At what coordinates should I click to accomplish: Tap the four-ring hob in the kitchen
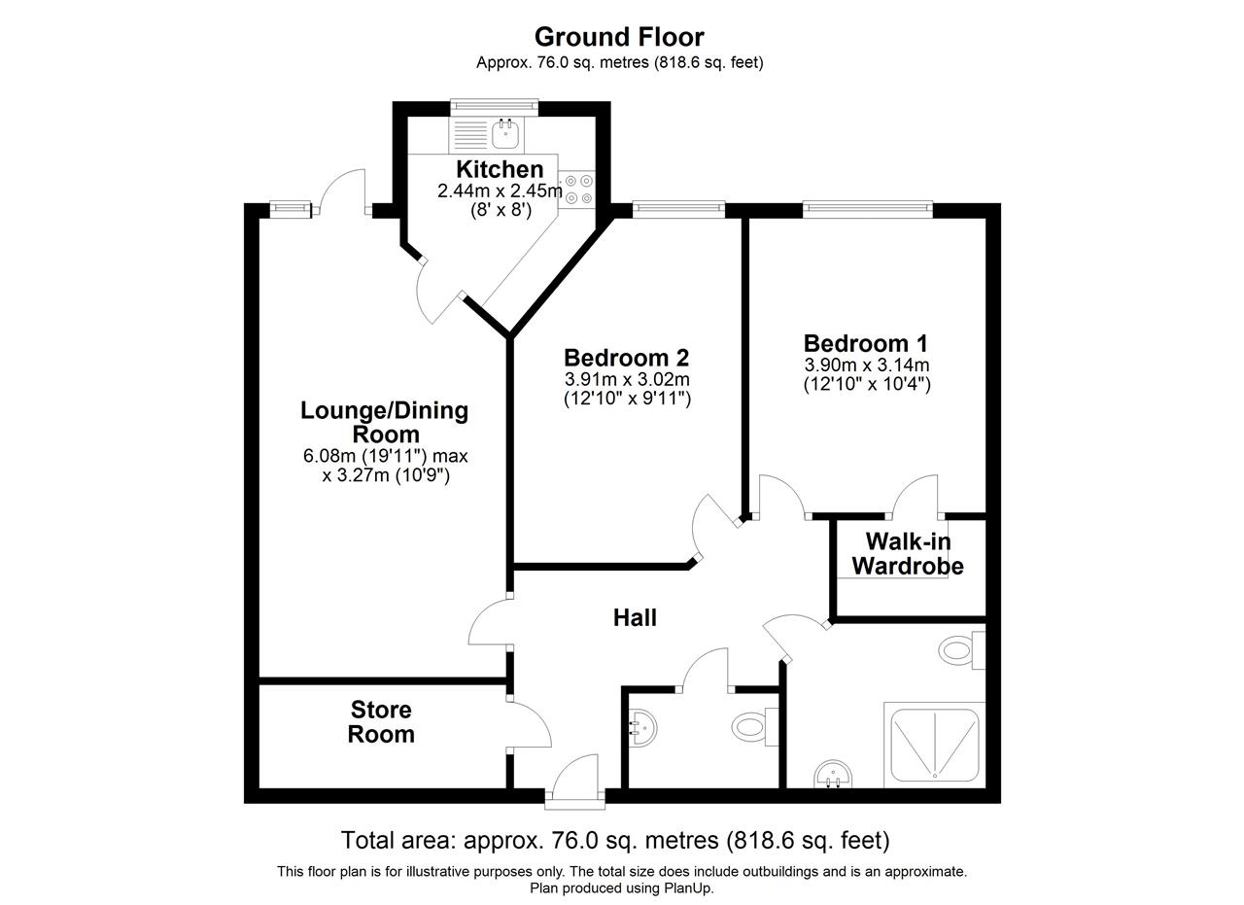click(577, 190)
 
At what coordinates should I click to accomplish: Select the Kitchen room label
click(500, 169)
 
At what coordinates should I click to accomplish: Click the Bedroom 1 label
click(866, 343)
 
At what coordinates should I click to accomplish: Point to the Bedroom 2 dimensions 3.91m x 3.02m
click(627, 379)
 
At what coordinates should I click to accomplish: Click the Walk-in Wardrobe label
click(908, 554)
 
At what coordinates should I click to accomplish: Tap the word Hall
click(635, 618)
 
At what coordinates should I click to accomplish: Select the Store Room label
click(381, 721)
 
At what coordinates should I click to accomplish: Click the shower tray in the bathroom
click(935, 745)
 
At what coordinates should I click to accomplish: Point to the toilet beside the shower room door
click(962, 649)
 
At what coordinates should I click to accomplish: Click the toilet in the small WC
click(755, 727)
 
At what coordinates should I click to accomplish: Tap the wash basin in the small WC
click(643, 727)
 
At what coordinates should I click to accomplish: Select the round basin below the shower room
click(833, 774)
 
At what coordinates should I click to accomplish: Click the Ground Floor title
click(619, 37)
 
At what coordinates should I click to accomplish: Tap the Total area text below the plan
click(615, 840)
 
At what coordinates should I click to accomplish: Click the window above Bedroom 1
click(868, 208)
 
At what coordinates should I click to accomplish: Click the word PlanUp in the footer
click(688, 888)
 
